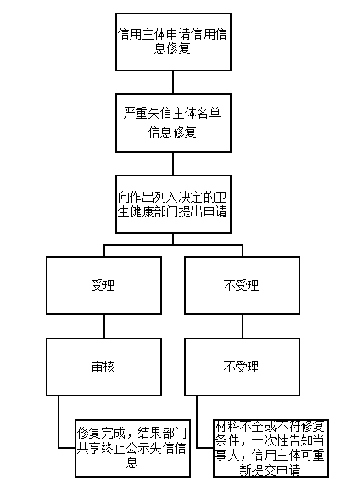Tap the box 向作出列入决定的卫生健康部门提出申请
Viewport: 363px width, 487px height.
coord(172,204)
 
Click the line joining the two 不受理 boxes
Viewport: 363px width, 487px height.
coord(241,327)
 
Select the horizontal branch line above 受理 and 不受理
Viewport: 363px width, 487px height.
coord(172,245)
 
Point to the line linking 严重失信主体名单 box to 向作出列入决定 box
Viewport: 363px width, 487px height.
coord(172,163)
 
